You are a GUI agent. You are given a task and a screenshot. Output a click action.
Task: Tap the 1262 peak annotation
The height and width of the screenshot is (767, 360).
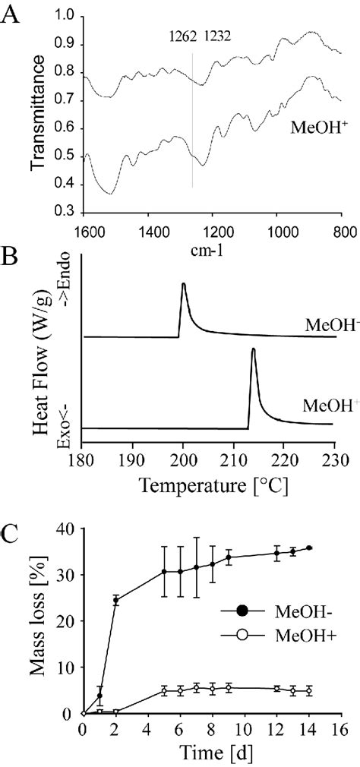184,34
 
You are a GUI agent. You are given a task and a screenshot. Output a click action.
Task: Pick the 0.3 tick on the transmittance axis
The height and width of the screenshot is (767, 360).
64,213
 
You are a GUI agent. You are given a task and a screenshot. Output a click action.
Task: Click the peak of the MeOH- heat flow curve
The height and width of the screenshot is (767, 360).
183,284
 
